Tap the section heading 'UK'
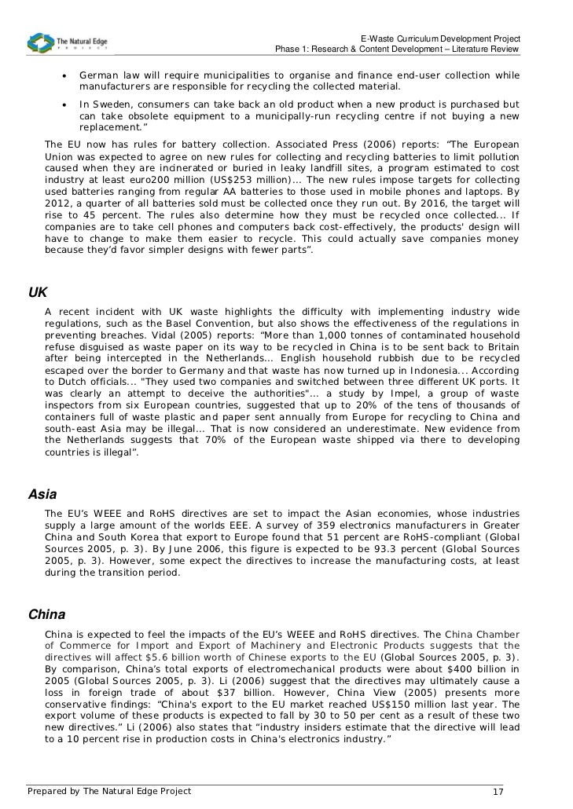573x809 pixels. [38, 292]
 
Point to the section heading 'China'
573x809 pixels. [46, 613]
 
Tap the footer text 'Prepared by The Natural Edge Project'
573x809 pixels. [109, 791]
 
